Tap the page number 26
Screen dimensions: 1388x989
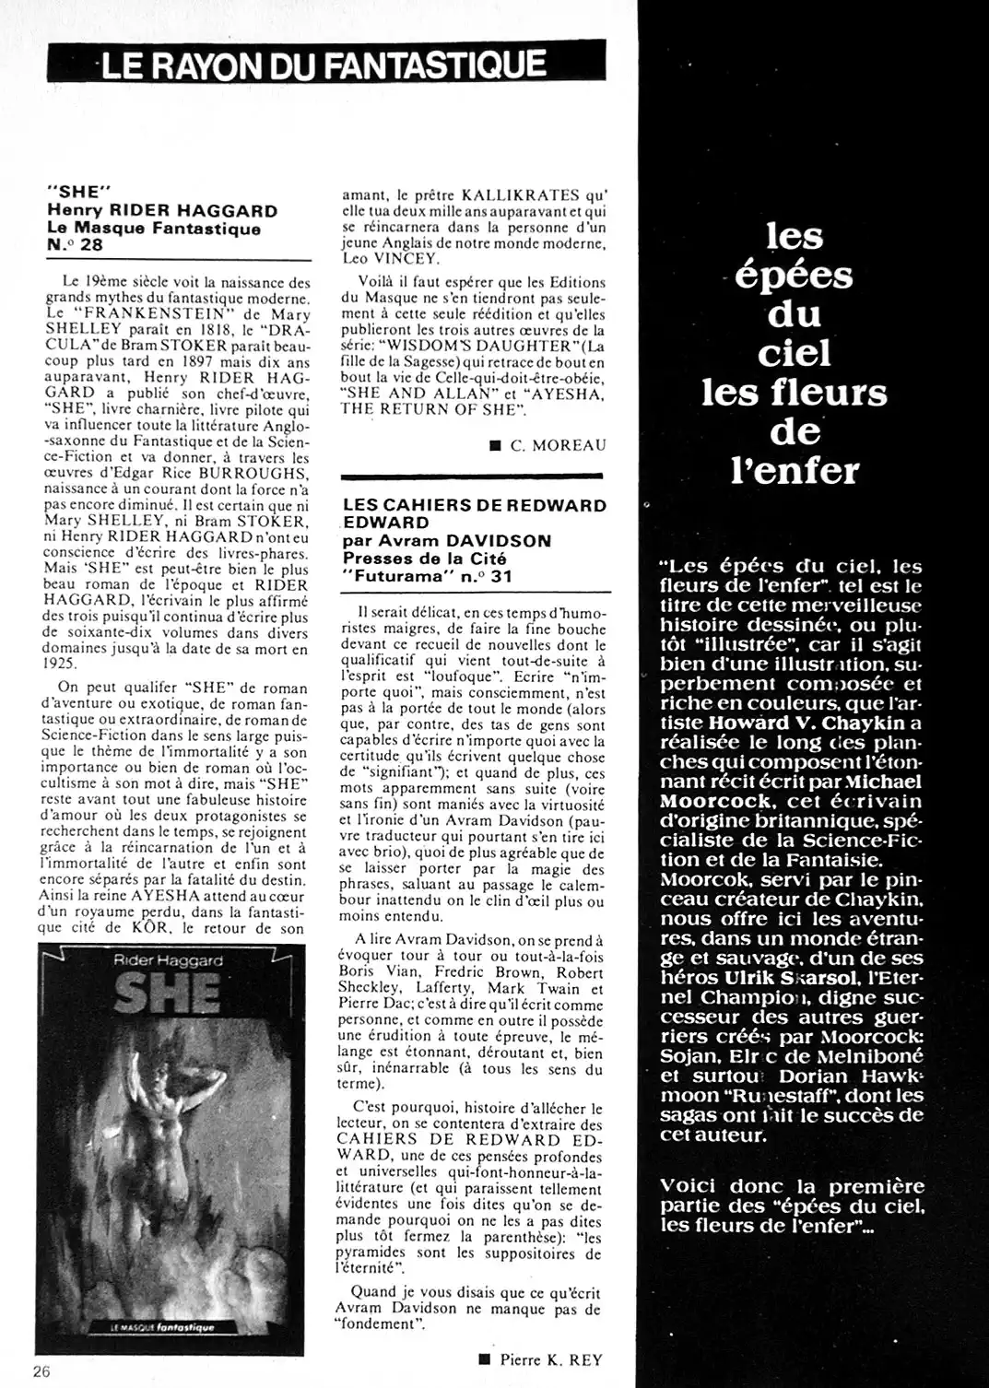pyautogui.click(x=41, y=1370)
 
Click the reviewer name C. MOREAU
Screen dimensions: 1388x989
pyautogui.click(x=559, y=445)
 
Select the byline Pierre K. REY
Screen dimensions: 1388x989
pyautogui.click(x=551, y=1359)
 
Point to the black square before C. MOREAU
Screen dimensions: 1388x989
pyautogui.click(x=495, y=446)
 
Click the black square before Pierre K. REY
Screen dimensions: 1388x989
pyautogui.click(x=485, y=1359)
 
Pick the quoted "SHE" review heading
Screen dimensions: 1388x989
pyautogui.click(x=78, y=195)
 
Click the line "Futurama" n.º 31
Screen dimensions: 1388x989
pyautogui.click(x=428, y=577)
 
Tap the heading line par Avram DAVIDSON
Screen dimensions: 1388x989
pyautogui.click(x=446, y=541)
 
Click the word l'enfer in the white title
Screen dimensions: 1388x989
pyautogui.click(x=794, y=470)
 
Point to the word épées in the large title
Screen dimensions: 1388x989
pyautogui.click(x=794, y=276)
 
